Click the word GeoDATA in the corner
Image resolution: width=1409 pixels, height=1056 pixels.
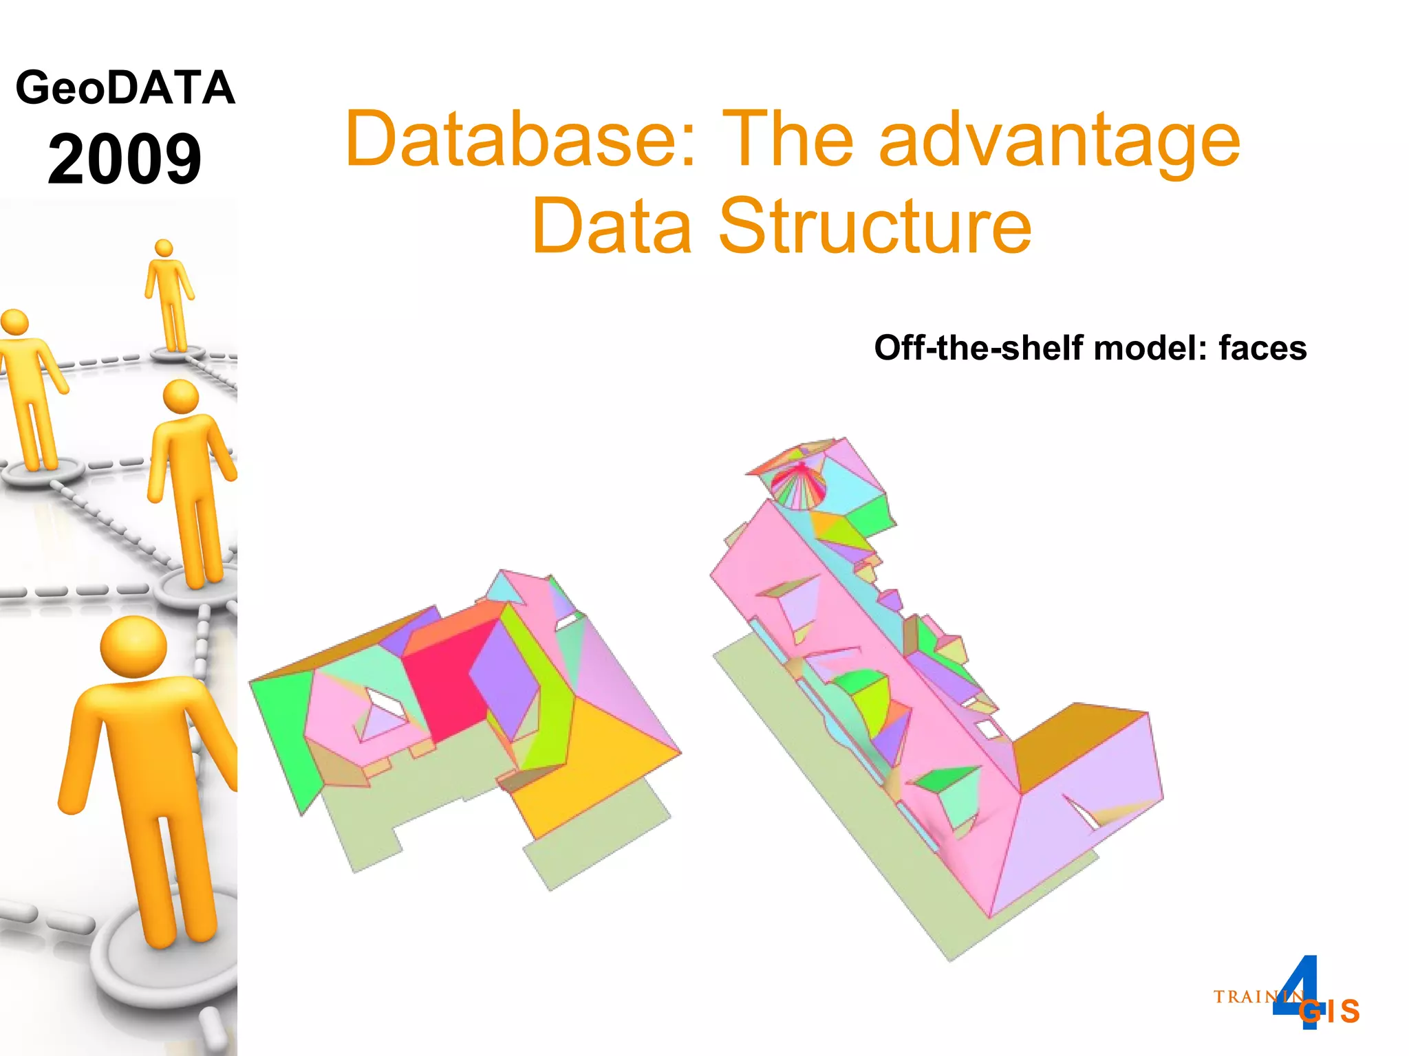125,88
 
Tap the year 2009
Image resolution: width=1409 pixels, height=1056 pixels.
125,159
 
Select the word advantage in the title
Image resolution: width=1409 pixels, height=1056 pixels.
1060,141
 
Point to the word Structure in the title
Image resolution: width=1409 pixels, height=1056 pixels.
874,225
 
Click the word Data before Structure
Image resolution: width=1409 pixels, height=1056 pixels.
612,225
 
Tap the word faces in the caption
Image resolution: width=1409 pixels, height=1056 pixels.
1262,348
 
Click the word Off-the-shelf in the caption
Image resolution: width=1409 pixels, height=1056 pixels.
977,348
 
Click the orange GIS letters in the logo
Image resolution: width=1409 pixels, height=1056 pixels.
1331,1011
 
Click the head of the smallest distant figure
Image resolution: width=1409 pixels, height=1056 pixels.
164,248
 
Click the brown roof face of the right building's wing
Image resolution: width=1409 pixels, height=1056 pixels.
1073,742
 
